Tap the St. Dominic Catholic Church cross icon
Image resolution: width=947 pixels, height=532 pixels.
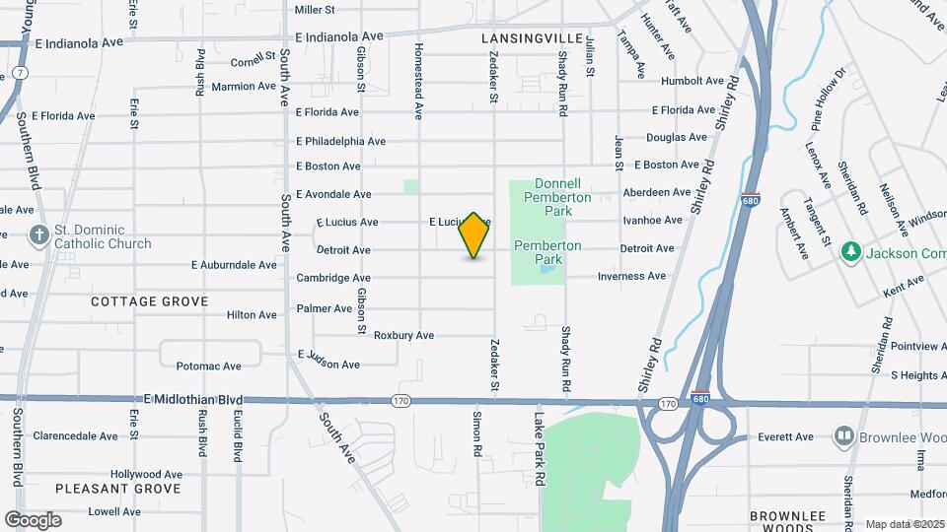click(38, 234)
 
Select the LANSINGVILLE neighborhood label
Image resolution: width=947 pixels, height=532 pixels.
click(533, 37)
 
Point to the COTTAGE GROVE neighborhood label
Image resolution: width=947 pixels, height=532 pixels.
click(150, 301)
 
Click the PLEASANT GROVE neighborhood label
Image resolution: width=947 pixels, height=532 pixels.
click(118, 489)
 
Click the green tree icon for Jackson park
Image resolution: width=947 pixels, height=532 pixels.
click(850, 252)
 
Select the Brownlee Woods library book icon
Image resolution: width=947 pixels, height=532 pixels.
click(843, 435)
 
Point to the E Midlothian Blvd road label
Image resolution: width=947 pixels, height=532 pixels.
click(193, 399)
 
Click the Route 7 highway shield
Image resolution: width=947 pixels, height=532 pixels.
click(20, 74)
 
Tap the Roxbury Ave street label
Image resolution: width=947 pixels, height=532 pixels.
click(404, 336)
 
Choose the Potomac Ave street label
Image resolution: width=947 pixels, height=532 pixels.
click(208, 366)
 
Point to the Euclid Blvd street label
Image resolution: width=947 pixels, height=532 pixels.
click(238, 437)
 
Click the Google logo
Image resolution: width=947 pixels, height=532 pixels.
click(33, 520)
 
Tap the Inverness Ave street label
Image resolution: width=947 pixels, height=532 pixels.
click(631, 277)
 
